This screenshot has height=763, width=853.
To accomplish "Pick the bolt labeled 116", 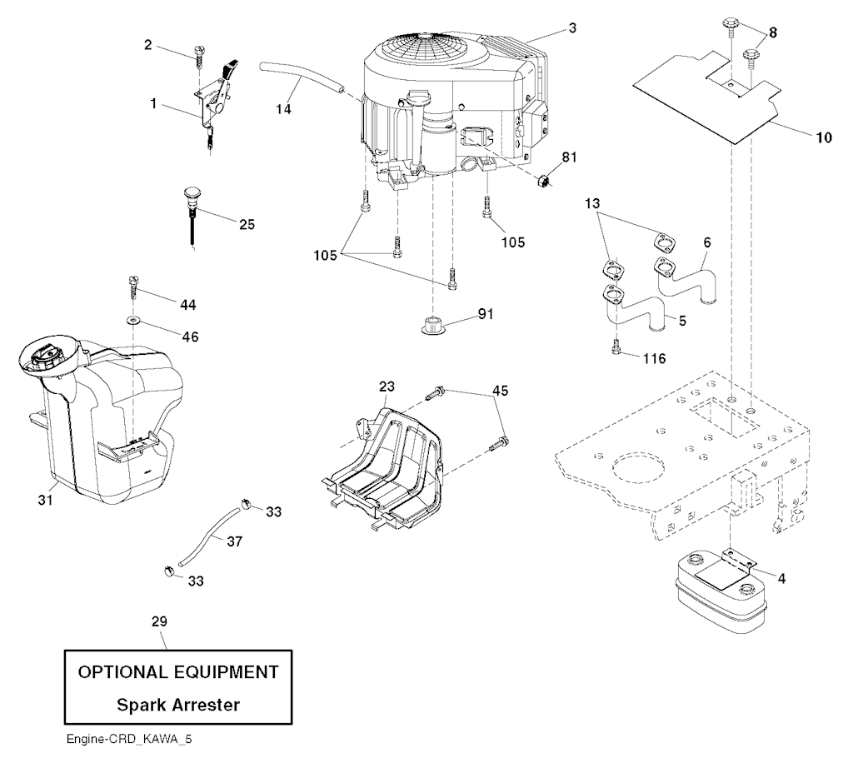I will click(616, 349).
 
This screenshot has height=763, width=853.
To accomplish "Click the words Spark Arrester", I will click(178, 705).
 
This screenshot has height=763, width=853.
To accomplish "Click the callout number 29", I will click(160, 621).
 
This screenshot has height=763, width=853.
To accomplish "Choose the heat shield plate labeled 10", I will click(708, 96).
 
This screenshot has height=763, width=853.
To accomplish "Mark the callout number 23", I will click(387, 386).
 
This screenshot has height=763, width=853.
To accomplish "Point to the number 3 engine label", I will click(572, 27).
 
